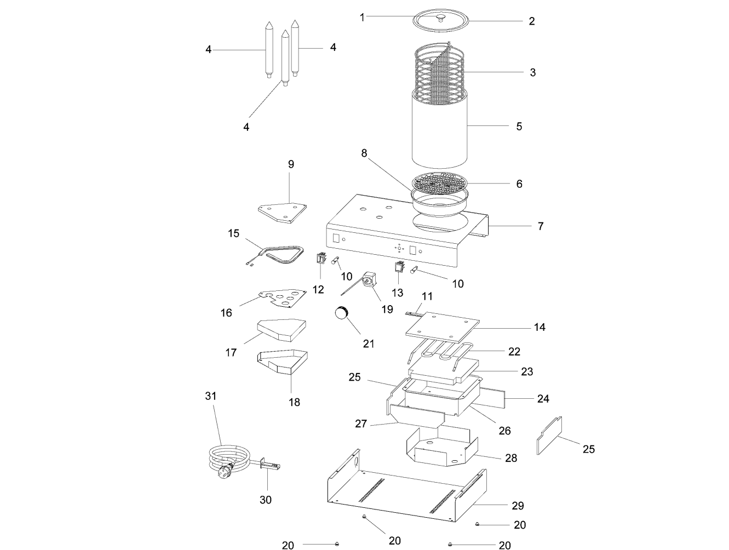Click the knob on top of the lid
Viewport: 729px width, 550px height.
click(440, 18)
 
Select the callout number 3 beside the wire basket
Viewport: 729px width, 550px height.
click(532, 72)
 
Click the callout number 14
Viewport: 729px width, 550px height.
click(539, 327)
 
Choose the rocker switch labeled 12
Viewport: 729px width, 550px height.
click(320, 258)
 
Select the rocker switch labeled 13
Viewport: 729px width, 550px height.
click(398, 266)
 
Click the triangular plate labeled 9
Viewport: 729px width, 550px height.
click(282, 213)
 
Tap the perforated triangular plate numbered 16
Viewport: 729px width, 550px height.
click(282, 298)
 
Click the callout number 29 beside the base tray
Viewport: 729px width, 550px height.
click(518, 506)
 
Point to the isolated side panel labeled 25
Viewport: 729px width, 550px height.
click(550, 435)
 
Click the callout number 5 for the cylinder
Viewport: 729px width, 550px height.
click(519, 127)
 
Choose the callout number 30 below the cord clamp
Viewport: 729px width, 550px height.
click(266, 500)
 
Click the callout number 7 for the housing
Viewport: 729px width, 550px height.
click(541, 226)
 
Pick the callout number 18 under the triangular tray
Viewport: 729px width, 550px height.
click(294, 402)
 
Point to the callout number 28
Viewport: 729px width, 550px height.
click(511, 458)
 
